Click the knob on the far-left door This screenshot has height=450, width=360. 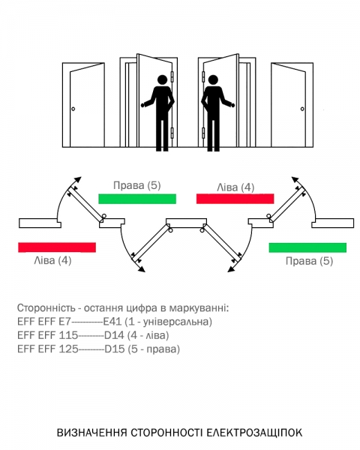73,109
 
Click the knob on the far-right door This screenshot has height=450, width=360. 302,109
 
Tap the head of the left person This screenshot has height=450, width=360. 163,80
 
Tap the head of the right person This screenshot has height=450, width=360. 213,80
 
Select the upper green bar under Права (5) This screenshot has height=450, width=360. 137,199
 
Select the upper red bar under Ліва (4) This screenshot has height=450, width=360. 235,199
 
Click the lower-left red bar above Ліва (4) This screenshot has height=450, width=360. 57,247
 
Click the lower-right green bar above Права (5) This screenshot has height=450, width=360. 307,247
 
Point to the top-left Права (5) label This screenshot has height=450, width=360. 137,185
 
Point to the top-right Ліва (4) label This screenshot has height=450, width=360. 235,187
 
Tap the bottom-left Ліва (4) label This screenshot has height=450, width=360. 52,260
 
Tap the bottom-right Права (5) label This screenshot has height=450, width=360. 309,261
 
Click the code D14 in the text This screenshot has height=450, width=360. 114,335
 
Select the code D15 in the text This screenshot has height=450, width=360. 115,349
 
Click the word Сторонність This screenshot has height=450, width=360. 46,308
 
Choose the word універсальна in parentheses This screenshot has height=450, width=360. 176,322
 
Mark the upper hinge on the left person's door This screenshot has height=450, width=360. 172,76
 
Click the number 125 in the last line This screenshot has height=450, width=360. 68,349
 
